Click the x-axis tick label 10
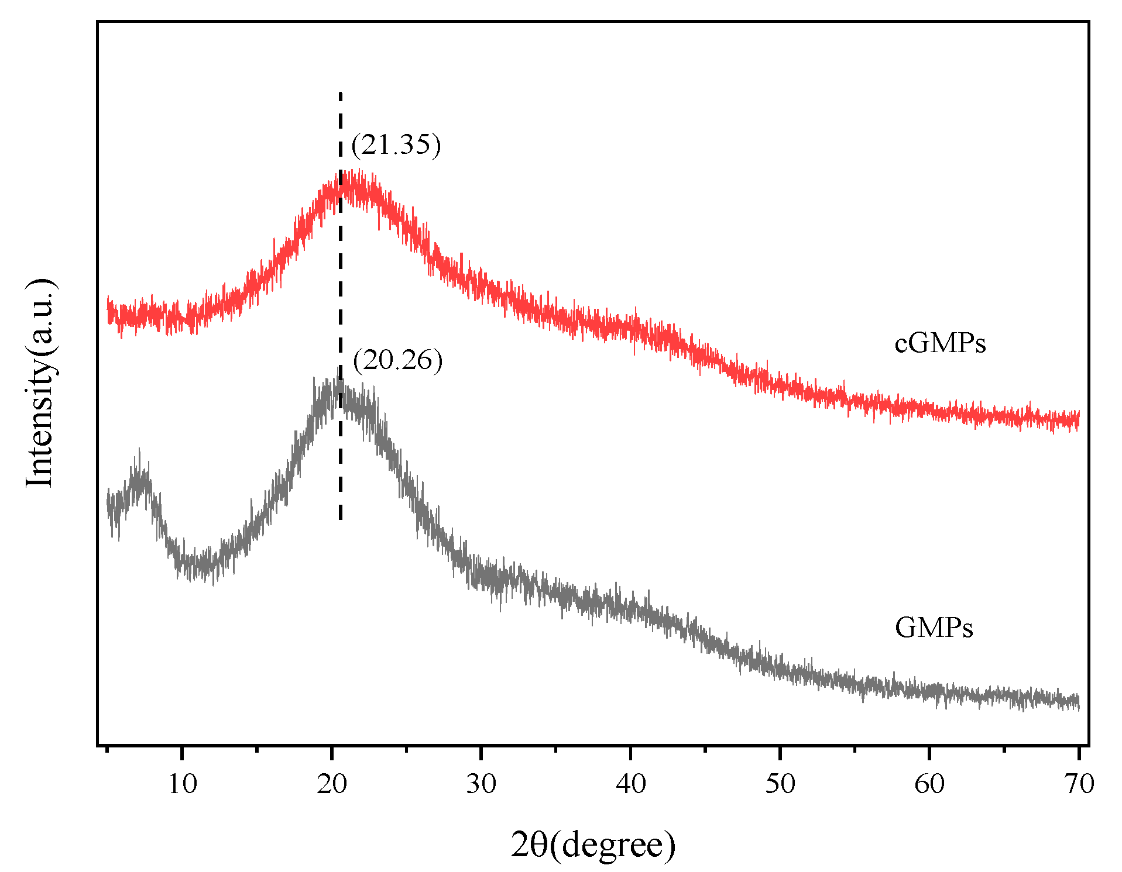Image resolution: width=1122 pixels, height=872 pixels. pos(182,784)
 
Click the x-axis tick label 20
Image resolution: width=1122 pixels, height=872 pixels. pos(332,784)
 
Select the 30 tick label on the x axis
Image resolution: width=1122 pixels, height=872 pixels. pos(481,784)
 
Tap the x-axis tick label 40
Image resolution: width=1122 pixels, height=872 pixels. pos(630,784)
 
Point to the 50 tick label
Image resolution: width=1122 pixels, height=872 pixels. pos(780,784)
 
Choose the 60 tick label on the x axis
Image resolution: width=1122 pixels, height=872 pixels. pos(929,784)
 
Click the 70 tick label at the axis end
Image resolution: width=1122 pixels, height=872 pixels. pos(1079,784)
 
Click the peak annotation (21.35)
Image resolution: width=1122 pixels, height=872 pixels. pos(396,144)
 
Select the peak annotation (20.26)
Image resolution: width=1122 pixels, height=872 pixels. pos(397,360)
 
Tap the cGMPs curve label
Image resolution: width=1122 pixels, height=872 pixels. pos(940,343)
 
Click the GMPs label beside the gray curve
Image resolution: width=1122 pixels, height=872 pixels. pos(934,628)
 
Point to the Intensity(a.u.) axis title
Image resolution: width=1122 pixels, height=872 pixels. pos(41,383)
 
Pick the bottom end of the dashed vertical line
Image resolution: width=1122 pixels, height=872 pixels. pos(340,518)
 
